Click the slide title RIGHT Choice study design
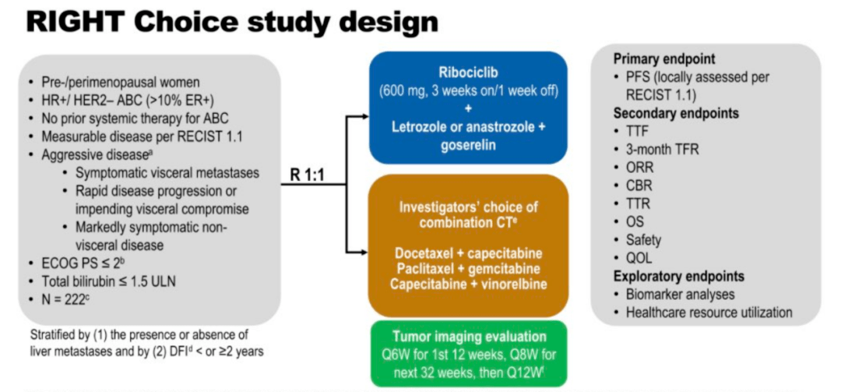232,21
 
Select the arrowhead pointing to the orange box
364,251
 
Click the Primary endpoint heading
664,59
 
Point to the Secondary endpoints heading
676,113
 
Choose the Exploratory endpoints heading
678,276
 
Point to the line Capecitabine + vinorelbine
469,284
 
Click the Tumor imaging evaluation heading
469,337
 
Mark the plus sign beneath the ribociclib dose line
469,108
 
